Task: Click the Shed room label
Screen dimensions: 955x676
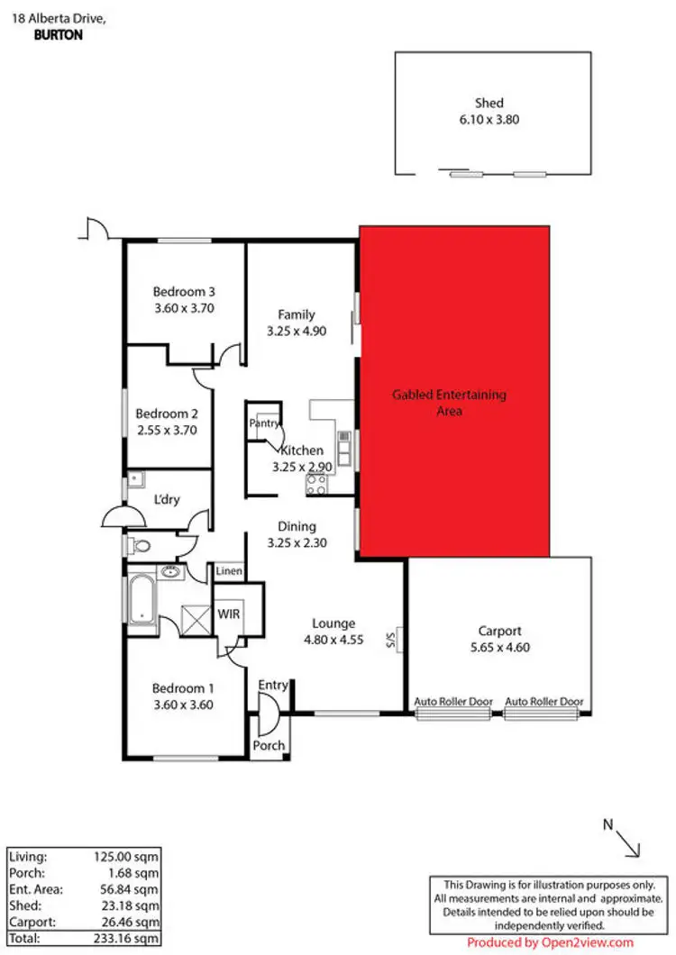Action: click(489, 103)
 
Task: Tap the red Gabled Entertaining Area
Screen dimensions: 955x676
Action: click(454, 392)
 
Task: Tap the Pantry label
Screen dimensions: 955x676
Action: click(264, 422)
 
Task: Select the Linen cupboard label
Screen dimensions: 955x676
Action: click(227, 572)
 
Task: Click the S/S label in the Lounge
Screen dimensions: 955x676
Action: click(391, 641)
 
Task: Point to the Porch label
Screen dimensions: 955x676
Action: click(269, 745)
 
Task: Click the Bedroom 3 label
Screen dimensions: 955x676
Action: click(183, 291)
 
